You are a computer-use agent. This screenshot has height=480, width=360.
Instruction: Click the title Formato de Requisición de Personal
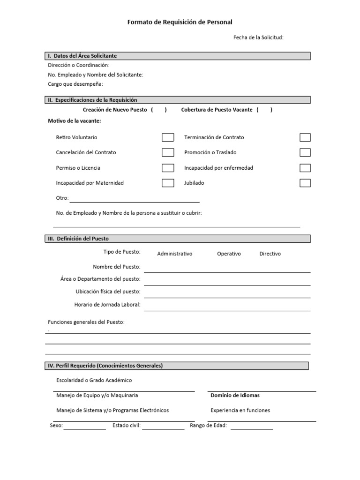pos(180,22)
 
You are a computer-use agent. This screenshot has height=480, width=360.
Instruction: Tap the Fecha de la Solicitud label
pos(258,37)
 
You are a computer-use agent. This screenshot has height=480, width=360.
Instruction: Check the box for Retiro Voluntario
pos(168,137)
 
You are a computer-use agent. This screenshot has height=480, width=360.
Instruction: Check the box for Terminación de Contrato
pos(305,137)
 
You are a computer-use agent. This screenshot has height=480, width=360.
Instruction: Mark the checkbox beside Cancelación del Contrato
pos(168,152)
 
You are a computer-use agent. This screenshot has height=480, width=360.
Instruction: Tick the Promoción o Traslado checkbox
pos(305,152)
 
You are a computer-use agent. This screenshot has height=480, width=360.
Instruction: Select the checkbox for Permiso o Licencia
pos(168,168)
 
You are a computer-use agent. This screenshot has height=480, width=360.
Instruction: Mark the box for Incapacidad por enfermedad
pos(305,168)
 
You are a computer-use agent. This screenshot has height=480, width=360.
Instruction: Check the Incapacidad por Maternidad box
pos(168,183)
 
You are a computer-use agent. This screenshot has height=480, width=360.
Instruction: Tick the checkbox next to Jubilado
pos(305,183)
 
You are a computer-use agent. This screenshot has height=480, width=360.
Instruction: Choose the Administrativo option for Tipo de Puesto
pos(175,254)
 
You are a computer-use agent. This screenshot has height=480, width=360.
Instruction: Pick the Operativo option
pos(229,254)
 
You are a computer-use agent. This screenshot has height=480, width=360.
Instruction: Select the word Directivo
pos(270,254)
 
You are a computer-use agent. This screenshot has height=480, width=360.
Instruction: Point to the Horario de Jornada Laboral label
pos(107,305)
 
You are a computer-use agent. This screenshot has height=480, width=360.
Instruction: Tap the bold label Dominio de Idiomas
pos(235,395)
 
